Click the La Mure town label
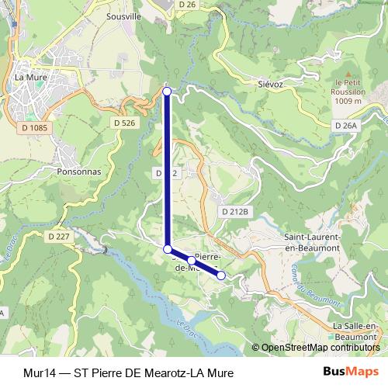point(31,77)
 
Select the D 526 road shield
point(124,123)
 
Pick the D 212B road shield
point(235,211)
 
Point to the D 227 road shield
point(59,236)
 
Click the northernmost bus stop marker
point(168,92)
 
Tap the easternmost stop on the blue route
point(221,275)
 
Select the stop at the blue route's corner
point(168,248)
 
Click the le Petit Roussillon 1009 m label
point(348,91)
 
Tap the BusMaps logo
point(355,372)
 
